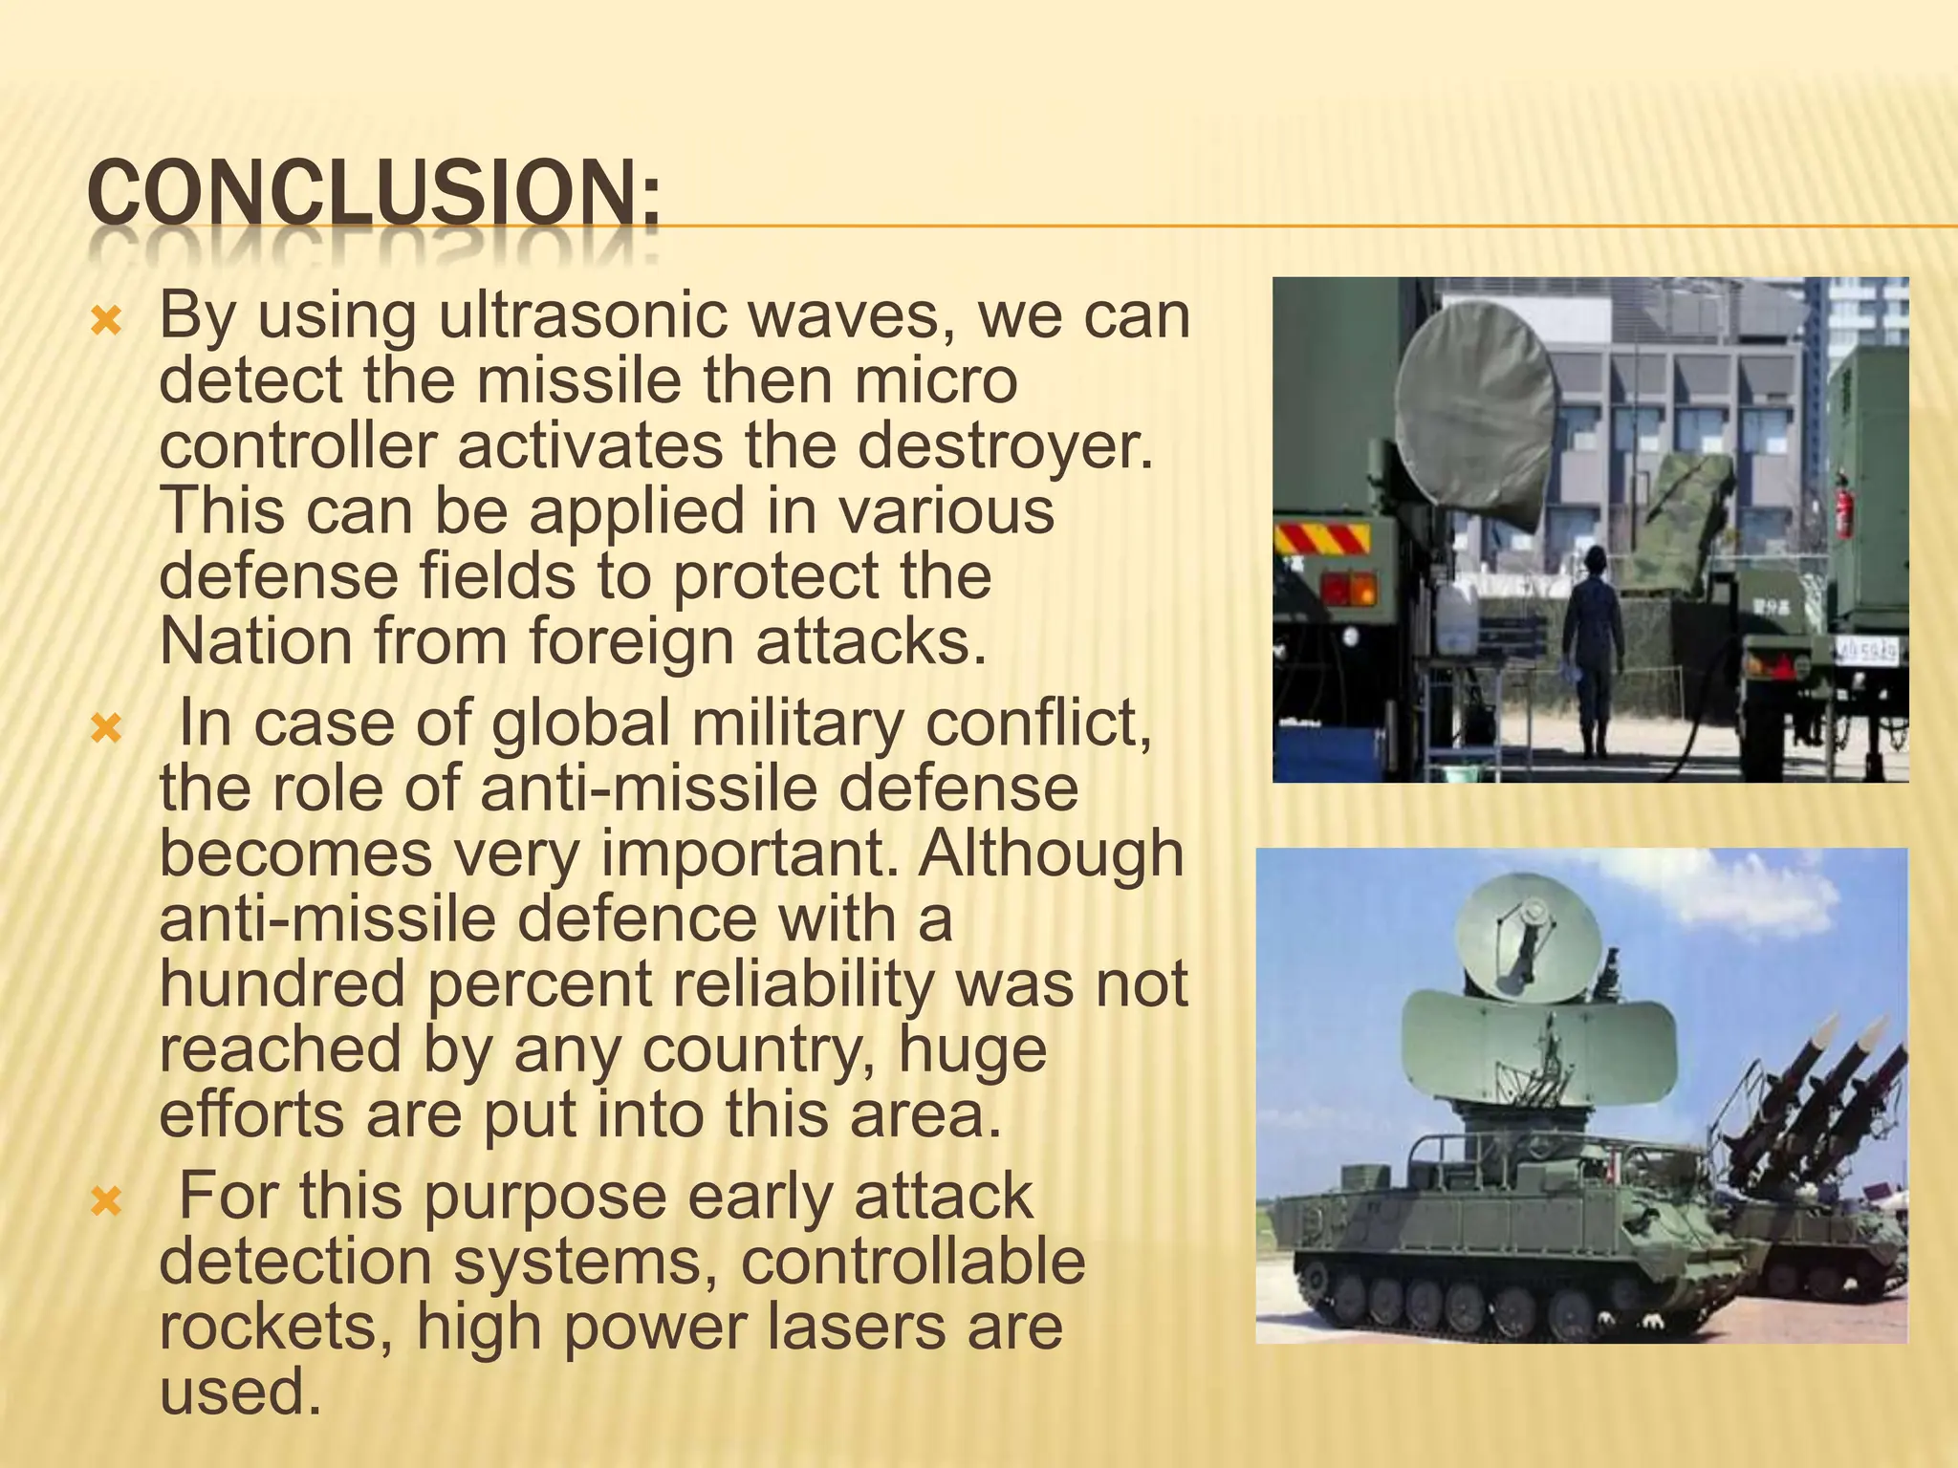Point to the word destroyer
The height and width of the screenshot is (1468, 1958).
(1004, 445)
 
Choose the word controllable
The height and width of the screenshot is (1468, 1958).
(912, 1262)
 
